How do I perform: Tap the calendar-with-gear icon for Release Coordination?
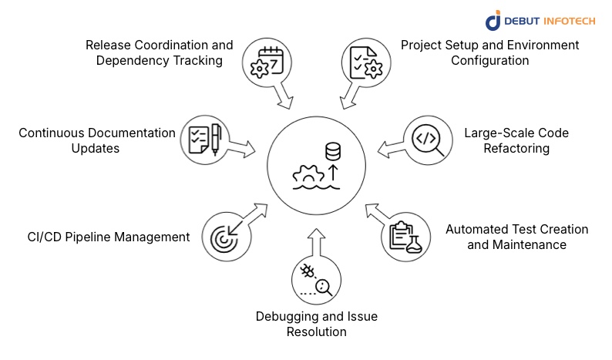[265, 61]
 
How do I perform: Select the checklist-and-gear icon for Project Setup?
[363, 61]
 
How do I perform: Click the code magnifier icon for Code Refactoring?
[428, 140]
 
